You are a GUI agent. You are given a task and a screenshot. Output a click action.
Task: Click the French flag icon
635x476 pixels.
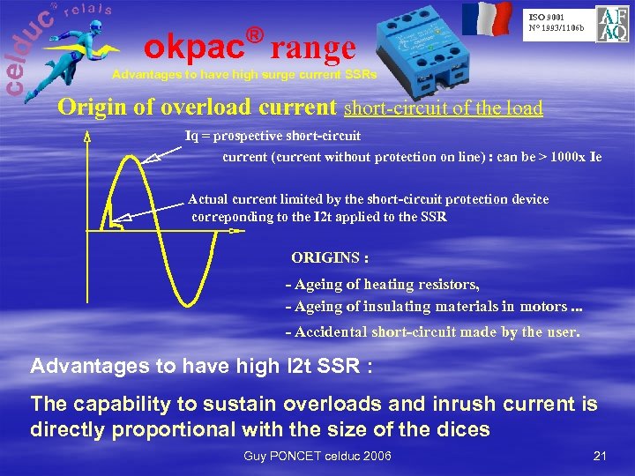[x=487, y=19]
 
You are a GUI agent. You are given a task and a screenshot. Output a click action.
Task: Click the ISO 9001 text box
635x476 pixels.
[x=555, y=22]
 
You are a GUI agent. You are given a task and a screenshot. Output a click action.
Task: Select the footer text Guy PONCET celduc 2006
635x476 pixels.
[x=317, y=455]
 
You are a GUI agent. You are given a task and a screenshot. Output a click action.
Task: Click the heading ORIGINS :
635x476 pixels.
[x=330, y=258]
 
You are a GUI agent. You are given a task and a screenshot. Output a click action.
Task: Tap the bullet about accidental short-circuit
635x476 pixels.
[x=432, y=332]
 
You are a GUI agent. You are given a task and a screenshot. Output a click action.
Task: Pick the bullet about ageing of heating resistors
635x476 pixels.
[x=383, y=284]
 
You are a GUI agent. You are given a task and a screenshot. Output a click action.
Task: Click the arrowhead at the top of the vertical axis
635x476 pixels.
[x=87, y=136]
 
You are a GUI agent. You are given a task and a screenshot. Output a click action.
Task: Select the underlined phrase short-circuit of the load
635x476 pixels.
[x=443, y=108]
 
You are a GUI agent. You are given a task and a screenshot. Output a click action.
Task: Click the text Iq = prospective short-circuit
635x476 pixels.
[x=273, y=136]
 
